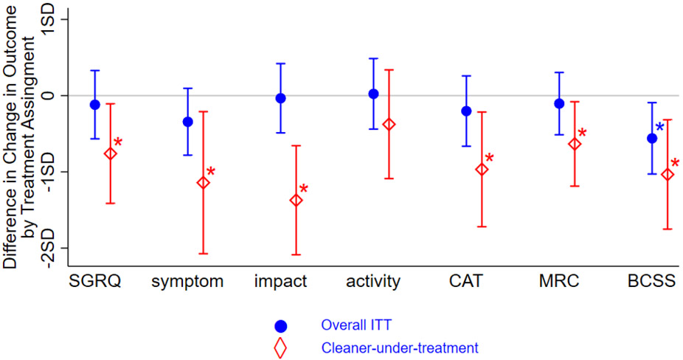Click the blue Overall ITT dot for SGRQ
point(94,105)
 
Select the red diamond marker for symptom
point(203,182)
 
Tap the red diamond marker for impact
point(296,200)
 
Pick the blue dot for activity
point(373,94)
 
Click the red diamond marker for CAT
point(482,170)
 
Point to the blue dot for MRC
point(559,103)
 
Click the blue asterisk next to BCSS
point(660,128)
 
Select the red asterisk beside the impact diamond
point(303,189)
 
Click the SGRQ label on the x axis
point(94,281)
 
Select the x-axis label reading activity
point(373,281)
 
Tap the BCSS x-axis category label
point(652,281)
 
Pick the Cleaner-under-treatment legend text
point(400,347)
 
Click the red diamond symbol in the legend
point(280,347)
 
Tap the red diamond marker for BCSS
point(668,174)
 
